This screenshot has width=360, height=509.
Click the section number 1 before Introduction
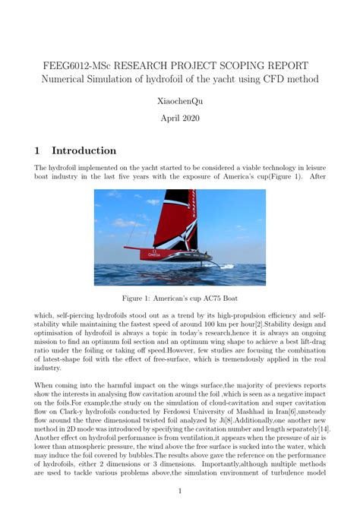coord(39,150)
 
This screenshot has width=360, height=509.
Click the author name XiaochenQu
coord(180,100)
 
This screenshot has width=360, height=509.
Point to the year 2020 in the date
coord(190,119)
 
